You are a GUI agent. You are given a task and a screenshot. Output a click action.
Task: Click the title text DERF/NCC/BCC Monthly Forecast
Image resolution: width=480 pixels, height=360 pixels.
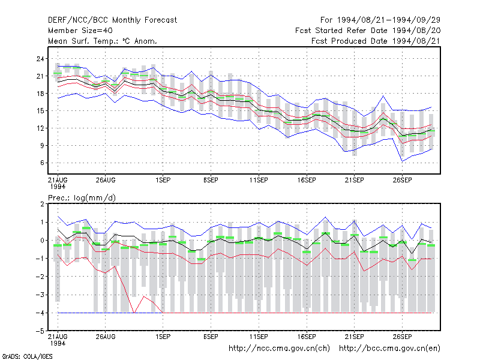tap(112, 20)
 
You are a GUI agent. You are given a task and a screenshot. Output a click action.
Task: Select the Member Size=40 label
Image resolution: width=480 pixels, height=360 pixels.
tap(80, 31)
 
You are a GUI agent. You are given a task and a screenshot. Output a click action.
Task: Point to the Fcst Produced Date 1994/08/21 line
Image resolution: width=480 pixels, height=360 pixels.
tap(376, 41)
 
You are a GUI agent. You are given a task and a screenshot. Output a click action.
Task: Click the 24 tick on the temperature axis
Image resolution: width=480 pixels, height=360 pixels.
tap(40, 59)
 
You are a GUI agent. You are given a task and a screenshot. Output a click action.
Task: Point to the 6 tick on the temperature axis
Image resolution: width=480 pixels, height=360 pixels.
tap(42, 163)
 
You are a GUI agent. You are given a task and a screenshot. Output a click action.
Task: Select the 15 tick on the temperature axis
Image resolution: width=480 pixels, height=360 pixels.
tap(40, 111)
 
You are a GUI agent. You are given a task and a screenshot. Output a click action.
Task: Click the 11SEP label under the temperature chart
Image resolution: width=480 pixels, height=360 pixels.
tap(259, 180)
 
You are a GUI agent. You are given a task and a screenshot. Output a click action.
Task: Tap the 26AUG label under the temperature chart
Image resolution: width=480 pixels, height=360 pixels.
tap(106, 180)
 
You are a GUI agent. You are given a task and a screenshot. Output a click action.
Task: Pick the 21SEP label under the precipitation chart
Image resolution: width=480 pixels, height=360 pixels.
tap(354, 337)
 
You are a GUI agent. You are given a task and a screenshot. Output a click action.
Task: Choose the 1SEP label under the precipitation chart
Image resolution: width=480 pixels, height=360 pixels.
tap(163, 337)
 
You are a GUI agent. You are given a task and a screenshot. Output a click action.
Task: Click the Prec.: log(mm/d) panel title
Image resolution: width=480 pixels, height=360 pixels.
tap(82, 198)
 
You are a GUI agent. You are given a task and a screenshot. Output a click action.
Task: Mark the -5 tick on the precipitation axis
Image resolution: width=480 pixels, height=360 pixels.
tap(40, 331)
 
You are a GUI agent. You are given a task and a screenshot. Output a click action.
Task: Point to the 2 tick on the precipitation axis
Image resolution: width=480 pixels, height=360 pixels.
tap(42, 204)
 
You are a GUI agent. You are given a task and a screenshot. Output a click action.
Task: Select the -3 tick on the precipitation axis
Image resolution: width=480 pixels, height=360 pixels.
tap(40, 295)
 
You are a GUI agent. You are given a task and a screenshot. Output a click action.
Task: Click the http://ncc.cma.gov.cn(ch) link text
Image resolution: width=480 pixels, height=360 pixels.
tap(279, 349)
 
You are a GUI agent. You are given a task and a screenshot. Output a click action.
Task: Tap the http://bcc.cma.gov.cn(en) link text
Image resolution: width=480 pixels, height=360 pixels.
tap(389, 349)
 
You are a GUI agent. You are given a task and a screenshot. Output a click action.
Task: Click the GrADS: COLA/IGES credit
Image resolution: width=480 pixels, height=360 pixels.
tap(27, 356)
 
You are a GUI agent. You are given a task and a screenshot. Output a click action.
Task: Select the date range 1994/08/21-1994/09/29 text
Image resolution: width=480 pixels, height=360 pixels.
tap(389, 20)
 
